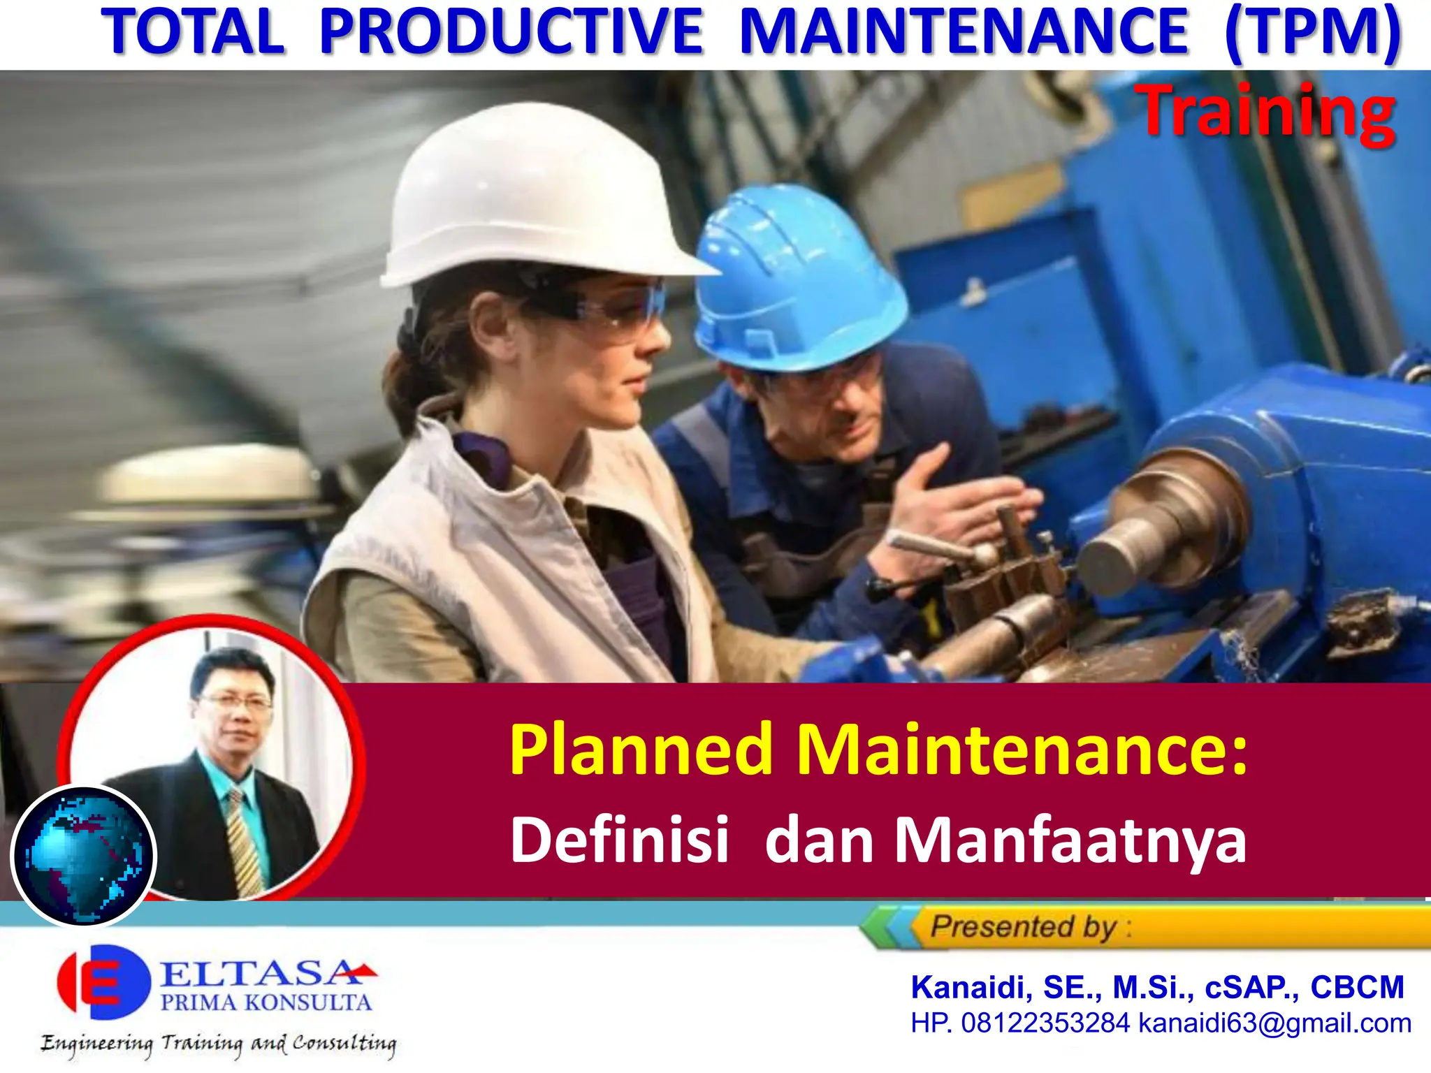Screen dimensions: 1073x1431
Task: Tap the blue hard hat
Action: pos(797,279)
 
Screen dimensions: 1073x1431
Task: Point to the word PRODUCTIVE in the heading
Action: pos(511,31)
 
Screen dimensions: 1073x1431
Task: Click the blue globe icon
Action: pos(84,856)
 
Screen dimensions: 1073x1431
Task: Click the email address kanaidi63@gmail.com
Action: pos(1275,1023)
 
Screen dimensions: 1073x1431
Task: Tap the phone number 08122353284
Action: pos(1045,1023)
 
